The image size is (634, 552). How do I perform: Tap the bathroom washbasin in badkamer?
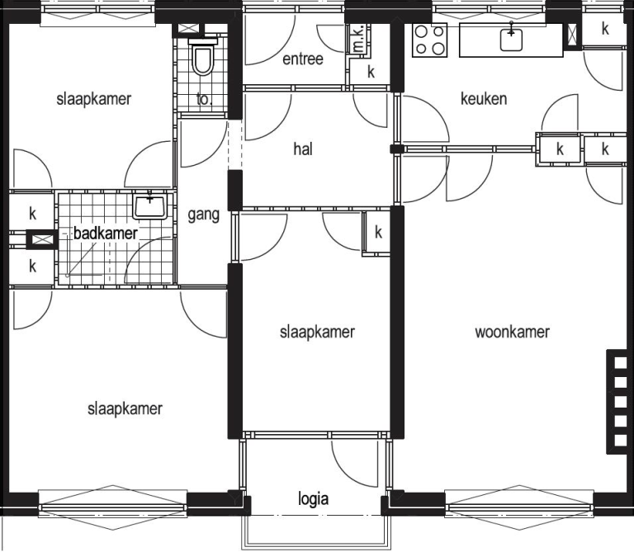click(x=150, y=205)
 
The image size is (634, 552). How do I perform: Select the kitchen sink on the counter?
click(x=512, y=40)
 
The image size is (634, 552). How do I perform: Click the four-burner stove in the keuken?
click(x=430, y=40)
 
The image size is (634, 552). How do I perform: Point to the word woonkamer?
click(x=513, y=333)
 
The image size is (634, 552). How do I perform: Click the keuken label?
click(x=484, y=98)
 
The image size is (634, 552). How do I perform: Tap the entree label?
click(x=303, y=59)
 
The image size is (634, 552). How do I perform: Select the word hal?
click(x=303, y=149)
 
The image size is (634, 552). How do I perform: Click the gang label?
click(x=203, y=215)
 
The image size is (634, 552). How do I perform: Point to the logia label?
click(x=313, y=499)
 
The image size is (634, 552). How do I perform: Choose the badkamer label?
click(x=106, y=234)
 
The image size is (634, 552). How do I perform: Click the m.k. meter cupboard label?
click(x=358, y=39)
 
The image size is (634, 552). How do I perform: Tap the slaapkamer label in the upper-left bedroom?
click(x=94, y=99)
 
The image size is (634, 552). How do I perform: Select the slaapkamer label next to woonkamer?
click(x=317, y=333)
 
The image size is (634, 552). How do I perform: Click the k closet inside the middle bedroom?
click(x=378, y=233)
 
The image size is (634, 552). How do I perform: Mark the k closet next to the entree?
click(x=371, y=72)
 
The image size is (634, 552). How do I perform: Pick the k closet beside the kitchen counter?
click(x=605, y=29)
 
